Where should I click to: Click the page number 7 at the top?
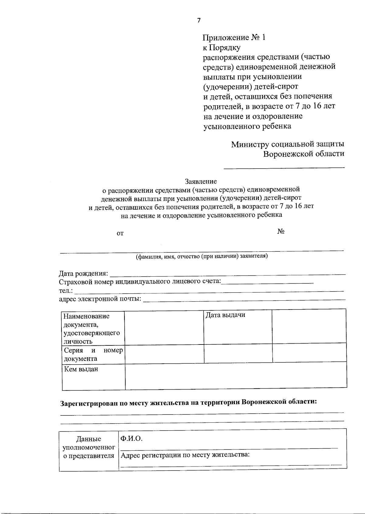(x=199, y=20)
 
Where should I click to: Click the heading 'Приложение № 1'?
(x=234, y=37)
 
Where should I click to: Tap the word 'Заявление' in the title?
(x=201, y=182)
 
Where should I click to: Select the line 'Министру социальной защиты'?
(x=288, y=144)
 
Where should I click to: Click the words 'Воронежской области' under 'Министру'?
(x=304, y=154)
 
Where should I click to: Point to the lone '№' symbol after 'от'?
(x=281, y=232)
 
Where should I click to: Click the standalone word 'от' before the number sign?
(x=120, y=233)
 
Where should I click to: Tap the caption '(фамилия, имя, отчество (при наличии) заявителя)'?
(x=202, y=256)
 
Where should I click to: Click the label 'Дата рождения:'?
(x=83, y=273)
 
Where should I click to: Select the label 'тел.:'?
(x=65, y=291)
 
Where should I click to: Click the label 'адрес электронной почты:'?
(x=100, y=299)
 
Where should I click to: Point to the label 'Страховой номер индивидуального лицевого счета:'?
(x=140, y=281)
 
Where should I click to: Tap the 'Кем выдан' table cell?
(x=81, y=369)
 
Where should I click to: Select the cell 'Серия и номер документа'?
(x=93, y=354)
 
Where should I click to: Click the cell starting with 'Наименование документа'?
(x=91, y=328)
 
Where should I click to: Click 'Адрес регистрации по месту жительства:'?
(x=185, y=455)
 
